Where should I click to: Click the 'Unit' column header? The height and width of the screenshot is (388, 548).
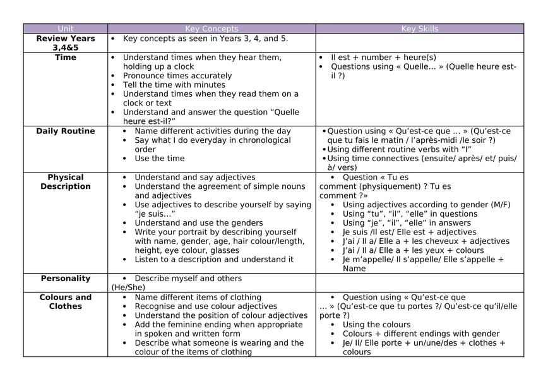coord(66,28)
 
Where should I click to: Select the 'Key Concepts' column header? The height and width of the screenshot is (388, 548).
coord(211,28)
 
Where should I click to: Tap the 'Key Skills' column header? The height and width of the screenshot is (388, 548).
coord(419,28)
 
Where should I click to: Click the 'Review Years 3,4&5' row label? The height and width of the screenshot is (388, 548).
coord(66,43)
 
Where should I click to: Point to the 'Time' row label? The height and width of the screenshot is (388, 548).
coord(66,58)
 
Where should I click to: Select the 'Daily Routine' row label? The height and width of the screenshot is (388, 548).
coord(66,131)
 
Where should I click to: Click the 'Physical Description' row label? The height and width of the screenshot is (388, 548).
coord(66,182)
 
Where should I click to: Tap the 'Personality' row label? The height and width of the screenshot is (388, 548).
coord(66,279)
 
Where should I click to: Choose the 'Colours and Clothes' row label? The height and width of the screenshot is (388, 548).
coord(66,302)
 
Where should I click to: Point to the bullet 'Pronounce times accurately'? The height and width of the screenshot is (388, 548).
coord(177,76)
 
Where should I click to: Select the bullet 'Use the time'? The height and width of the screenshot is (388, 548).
coord(160,159)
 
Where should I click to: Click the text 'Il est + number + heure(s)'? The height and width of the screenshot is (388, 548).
coord(383,58)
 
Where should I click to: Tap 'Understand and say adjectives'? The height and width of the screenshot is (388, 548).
coord(195,178)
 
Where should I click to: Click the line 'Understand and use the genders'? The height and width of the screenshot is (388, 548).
coord(199,223)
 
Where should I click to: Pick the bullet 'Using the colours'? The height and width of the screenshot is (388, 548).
coord(376,325)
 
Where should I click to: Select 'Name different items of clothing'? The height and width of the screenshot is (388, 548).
coord(198,297)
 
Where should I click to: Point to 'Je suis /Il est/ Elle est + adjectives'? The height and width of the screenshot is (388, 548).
coord(409,232)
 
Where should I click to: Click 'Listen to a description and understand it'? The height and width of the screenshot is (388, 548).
coord(214,259)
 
